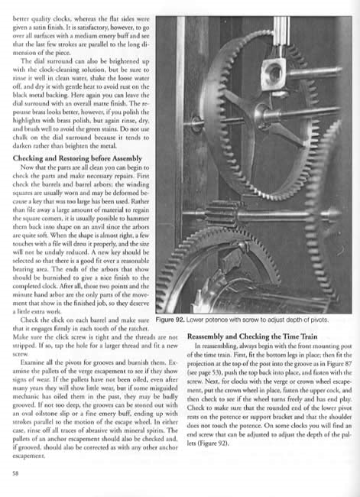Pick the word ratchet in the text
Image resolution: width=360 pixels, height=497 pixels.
tap(121, 328)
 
